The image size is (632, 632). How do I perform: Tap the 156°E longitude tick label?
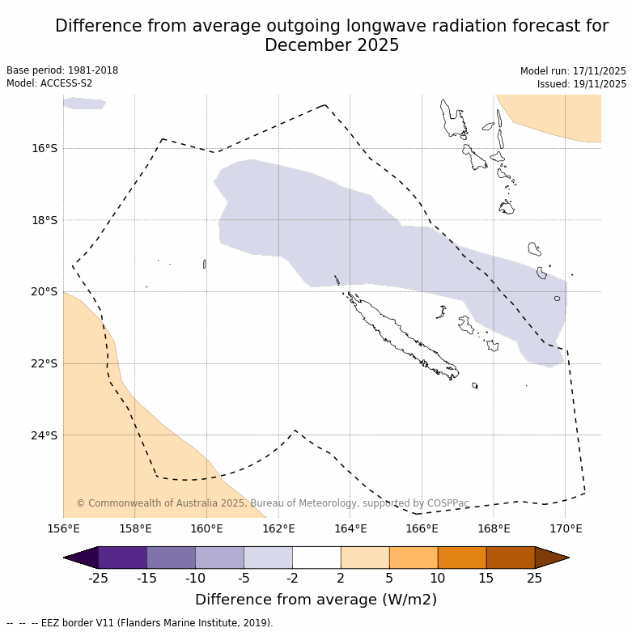[63, 529]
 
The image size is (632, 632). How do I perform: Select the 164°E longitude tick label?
[350, 529]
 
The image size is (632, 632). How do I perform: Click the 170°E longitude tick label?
[566, 529]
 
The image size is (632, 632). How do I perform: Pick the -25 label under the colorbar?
[99, 578]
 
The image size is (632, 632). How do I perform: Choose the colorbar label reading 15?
[486, 578]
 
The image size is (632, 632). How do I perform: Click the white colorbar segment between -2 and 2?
[316, 558]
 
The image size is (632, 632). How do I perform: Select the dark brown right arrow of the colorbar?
[552, 558]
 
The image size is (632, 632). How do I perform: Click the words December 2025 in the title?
[332, 45]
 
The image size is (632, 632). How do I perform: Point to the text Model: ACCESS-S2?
[49, 83]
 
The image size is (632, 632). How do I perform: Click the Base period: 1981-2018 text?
[62, 70]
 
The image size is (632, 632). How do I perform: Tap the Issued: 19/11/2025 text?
[582, 84]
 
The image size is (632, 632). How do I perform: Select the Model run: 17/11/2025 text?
[573, 71]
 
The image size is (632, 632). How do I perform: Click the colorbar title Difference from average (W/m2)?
[316, 600]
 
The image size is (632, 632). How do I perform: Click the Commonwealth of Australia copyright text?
[273, 503]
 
